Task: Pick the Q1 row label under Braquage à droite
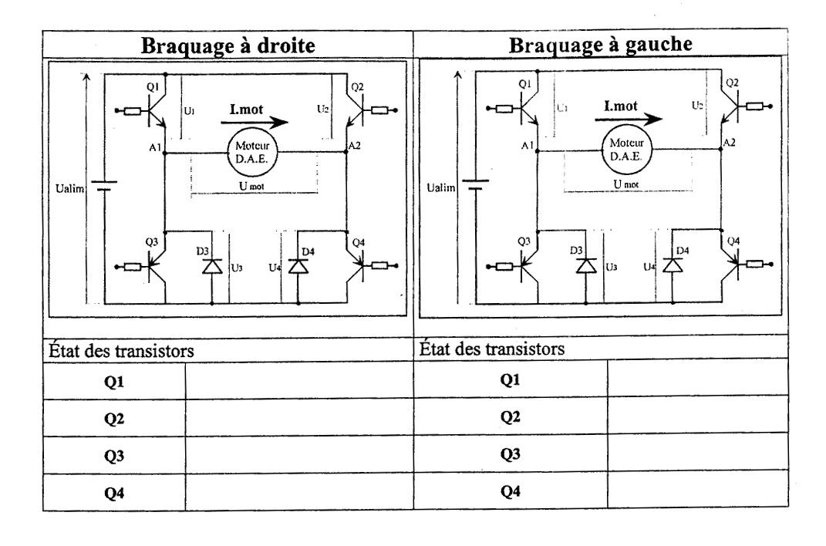(115, 380)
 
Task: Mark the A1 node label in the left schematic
(155, 145)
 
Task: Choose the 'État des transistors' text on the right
(493, 348)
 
